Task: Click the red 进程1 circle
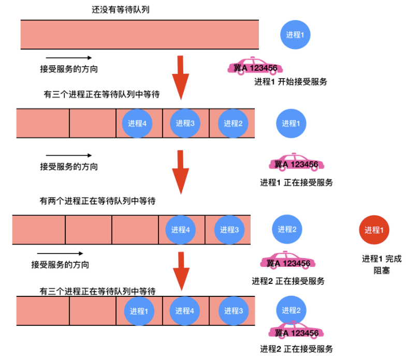pos(374,230)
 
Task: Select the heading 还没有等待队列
pos(120,10)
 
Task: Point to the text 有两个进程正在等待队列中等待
pos(97,201)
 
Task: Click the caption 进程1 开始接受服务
pos(291,82)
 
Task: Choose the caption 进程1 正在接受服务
pos(296,183)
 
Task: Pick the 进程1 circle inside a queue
pos(139,311)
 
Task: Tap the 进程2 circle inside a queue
pos(233,123)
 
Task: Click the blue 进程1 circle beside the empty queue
pos(295,35)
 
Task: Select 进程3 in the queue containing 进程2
pos(185,123)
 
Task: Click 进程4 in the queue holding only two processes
pos(180,230)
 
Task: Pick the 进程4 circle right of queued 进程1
pos(184,311)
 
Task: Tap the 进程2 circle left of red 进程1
pos(287,229)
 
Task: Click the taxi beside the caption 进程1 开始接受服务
pos(255,66)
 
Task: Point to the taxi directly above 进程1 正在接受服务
pos(296,162)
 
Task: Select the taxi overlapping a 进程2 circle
pos(296,331)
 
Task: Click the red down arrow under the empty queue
pos(180,78)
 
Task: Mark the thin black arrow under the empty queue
pos(69,58)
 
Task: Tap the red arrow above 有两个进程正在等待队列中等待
pos(180,172)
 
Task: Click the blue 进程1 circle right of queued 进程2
pos(291,123)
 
